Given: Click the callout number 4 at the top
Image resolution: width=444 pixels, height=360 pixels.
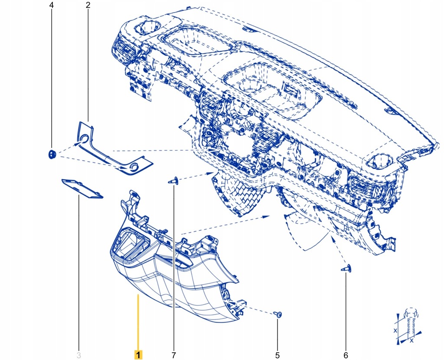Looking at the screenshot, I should pyautogui.click(x=52, y=6).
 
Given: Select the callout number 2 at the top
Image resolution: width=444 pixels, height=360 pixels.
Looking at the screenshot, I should pyautogui.click(x=88, y=6).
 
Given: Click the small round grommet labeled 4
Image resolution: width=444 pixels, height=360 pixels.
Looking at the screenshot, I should pyautogui.click(x=52, y=154).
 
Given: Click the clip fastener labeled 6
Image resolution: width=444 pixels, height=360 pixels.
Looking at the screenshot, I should pyautogui.click(x=346, y=270).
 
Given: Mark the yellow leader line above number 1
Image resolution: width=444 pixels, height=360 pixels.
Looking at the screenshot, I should pyautogui.click(x=138, y=321).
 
